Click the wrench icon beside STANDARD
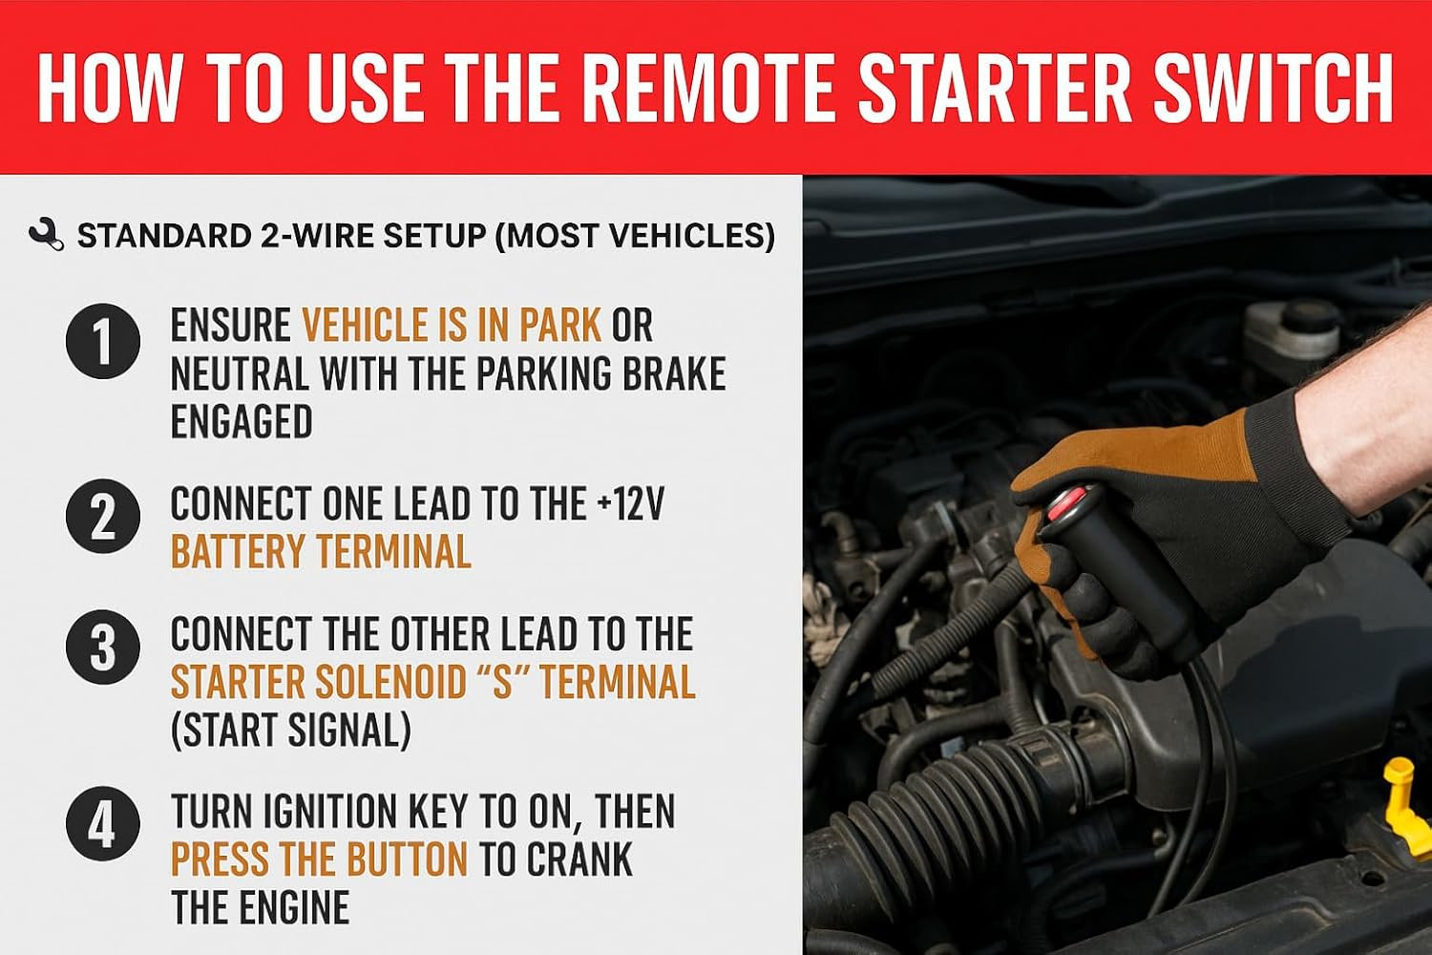pos(46,235)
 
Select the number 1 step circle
pos(103,342)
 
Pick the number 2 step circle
pos(103,517)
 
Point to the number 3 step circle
pos(103,647)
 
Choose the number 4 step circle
pos(103,824)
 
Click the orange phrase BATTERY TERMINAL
pos(321,551)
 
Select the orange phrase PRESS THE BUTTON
pos(319,859)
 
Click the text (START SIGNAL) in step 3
pos(291,730)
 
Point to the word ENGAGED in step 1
pos(242,420)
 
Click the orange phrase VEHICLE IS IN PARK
pos(452,325)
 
